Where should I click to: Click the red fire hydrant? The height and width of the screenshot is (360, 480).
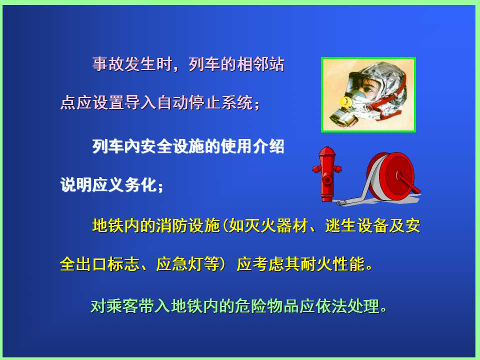(x=327, y=174)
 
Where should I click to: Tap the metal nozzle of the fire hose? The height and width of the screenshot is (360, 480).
(x=342, y=202)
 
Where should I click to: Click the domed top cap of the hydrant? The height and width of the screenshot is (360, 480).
(x=327, y=150)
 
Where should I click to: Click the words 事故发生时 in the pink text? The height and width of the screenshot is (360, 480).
(x=132, y=64)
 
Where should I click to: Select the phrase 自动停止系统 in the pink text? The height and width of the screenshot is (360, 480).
(x=205, y=102)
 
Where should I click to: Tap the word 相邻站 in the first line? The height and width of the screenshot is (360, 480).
(x=260, y=64)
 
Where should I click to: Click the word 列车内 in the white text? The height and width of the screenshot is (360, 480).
(x=116, y=146)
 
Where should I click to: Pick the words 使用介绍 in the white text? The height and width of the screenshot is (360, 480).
(x=252, y=146)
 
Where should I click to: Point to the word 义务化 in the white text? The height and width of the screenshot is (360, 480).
(x=133, y=184)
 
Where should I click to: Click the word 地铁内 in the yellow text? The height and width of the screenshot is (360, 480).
(x=116, y=225)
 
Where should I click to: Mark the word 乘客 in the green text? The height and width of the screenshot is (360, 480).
(x=122, y=306)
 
